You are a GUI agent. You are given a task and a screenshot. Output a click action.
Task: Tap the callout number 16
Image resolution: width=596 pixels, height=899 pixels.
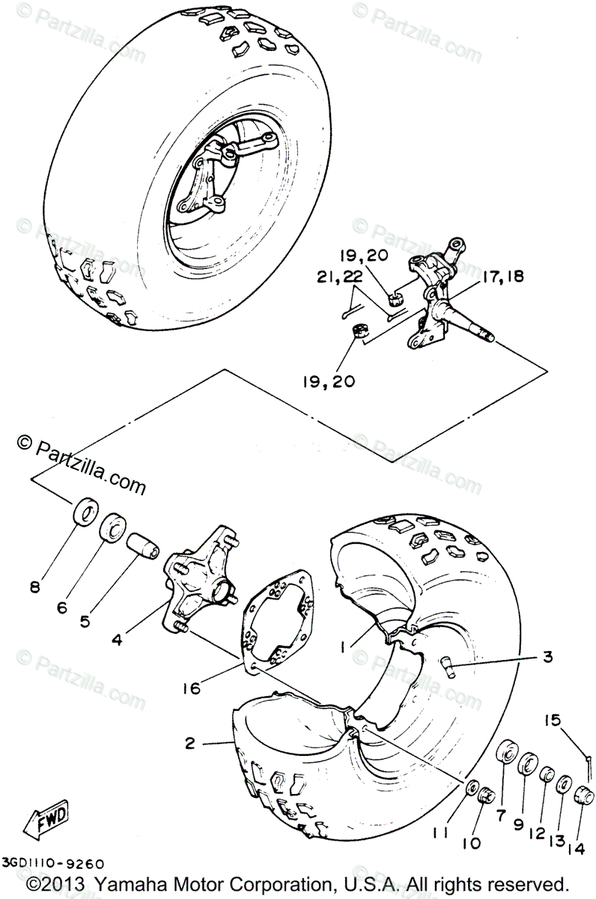point(192,686)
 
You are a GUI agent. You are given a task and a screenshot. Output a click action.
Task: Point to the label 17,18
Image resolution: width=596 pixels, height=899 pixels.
point(502,276)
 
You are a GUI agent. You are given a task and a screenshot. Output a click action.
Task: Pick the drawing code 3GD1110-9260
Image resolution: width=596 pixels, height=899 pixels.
point(52,864)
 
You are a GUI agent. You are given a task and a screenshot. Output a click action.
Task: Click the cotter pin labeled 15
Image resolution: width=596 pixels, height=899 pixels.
point(589,760)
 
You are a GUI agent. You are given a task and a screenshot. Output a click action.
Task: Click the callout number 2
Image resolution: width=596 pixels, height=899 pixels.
point(189,743)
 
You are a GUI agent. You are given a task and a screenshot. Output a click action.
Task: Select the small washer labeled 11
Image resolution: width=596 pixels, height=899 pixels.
point(472,788)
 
